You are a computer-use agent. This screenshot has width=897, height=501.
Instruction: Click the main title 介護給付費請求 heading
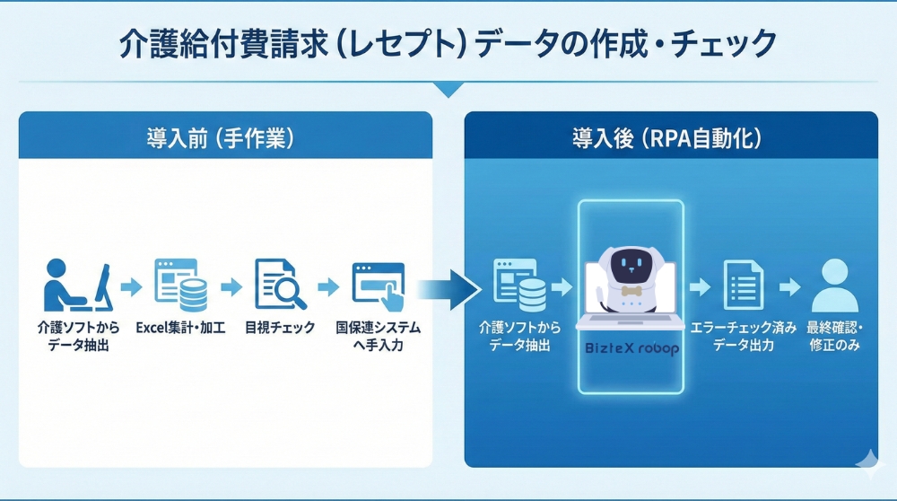[x=448, y=42]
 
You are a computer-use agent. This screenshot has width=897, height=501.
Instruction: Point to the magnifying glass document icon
[x=279, y=285]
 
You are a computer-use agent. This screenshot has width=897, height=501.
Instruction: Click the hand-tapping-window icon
[x=378, y=285]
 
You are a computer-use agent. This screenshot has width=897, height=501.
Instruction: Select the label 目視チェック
[x=280, y=328]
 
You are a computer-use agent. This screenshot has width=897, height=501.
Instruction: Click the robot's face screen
[x=631, y=266]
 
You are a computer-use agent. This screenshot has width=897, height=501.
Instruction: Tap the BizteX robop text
[x=631, y=348]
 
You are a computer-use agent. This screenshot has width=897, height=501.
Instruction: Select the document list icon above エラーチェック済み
[x=742, y=285]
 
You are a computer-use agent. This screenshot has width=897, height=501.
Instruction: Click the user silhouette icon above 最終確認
[x=835, y=285]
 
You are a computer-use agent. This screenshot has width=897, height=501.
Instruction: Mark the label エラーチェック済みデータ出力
[x=743, y=336]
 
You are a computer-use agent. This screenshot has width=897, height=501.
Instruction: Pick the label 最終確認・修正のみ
[x=835, y=336]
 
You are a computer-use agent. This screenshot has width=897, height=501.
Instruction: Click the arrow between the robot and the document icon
[x=699, y=287]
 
